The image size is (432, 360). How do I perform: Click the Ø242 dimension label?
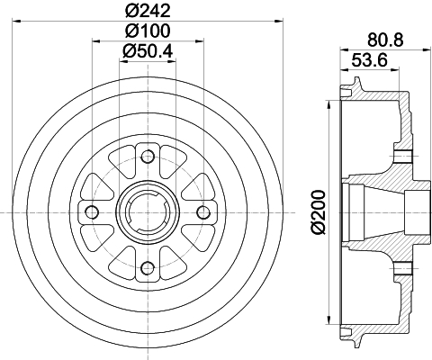point(148,11)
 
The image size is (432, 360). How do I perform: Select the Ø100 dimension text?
point(148,31)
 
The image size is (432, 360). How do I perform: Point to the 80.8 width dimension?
point(385,40)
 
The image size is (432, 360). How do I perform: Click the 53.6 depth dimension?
point(369,60)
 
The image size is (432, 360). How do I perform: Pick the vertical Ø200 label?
point(319,211)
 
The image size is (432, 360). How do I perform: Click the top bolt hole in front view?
point(148,157)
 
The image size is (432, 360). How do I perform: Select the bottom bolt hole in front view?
point(148,268)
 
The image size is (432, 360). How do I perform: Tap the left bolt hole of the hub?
point(92,212)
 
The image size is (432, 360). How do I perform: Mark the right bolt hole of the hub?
point(203,212)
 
